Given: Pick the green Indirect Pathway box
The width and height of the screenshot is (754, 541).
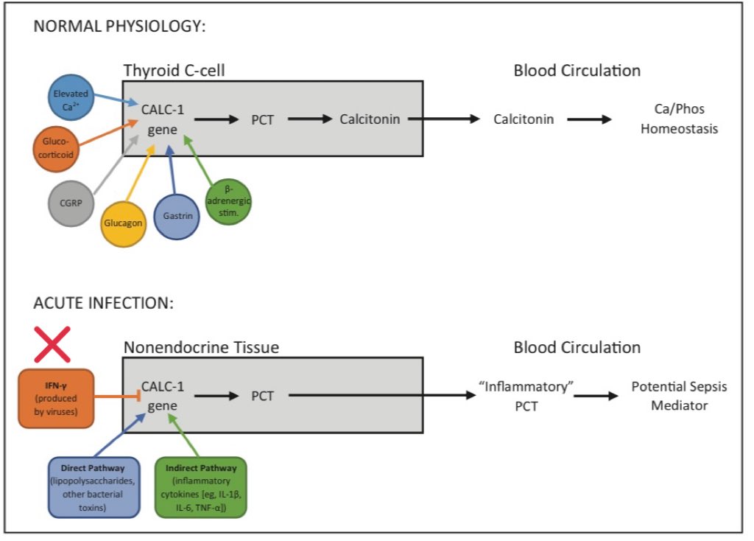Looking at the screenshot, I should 200,486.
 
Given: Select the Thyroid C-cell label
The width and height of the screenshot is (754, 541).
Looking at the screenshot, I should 174,71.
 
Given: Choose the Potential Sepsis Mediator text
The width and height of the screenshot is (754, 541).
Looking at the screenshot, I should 679,396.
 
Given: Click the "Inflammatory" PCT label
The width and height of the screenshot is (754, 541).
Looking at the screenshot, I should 516,397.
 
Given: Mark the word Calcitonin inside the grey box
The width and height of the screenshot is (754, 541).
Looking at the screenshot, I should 370,118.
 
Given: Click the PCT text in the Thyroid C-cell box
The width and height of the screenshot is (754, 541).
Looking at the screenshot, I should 262,119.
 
